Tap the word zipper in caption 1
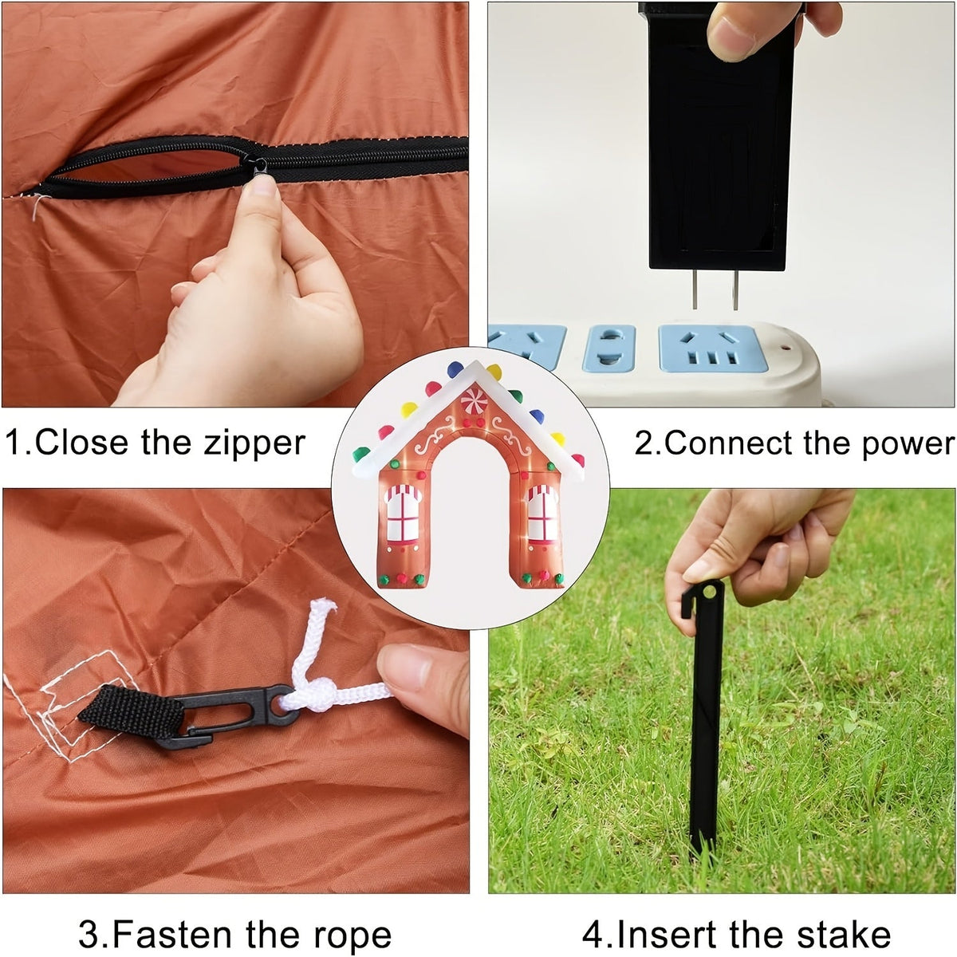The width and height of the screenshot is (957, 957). [254, 444]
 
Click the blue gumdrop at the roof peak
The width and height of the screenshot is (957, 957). [455, 369]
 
